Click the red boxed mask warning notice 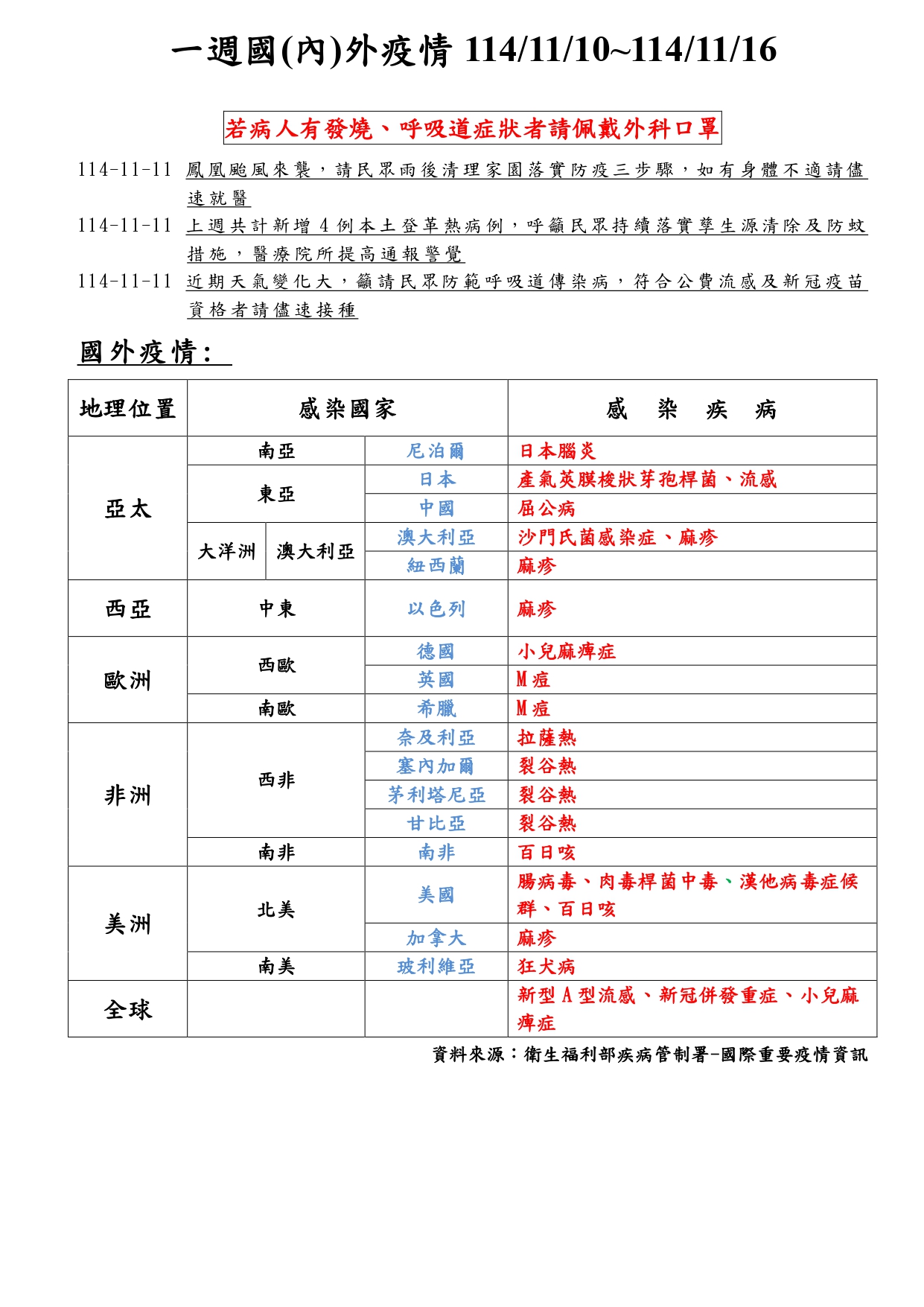coord(472,129)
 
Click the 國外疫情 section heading coord(146,352)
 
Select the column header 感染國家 coord(347,409)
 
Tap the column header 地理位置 coord(127,409)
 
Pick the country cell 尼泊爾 coord(436,451)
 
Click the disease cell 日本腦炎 coord(557,451)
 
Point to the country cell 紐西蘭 coord(436,566)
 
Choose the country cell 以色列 coord(436,609)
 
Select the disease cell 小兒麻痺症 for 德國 coord(567,652)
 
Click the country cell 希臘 coord(436,709)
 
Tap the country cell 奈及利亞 coord(436,738)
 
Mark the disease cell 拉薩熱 coord(547,738)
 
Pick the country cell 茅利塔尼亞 coord(436,795)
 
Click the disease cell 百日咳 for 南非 coord(547,853)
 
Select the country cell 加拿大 coord(436,938)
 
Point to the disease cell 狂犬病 coord(547,967)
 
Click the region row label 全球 coord(127,1010)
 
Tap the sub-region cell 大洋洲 coord(226,552)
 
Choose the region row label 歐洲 coord(127,680)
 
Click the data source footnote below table coord(649,1055)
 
